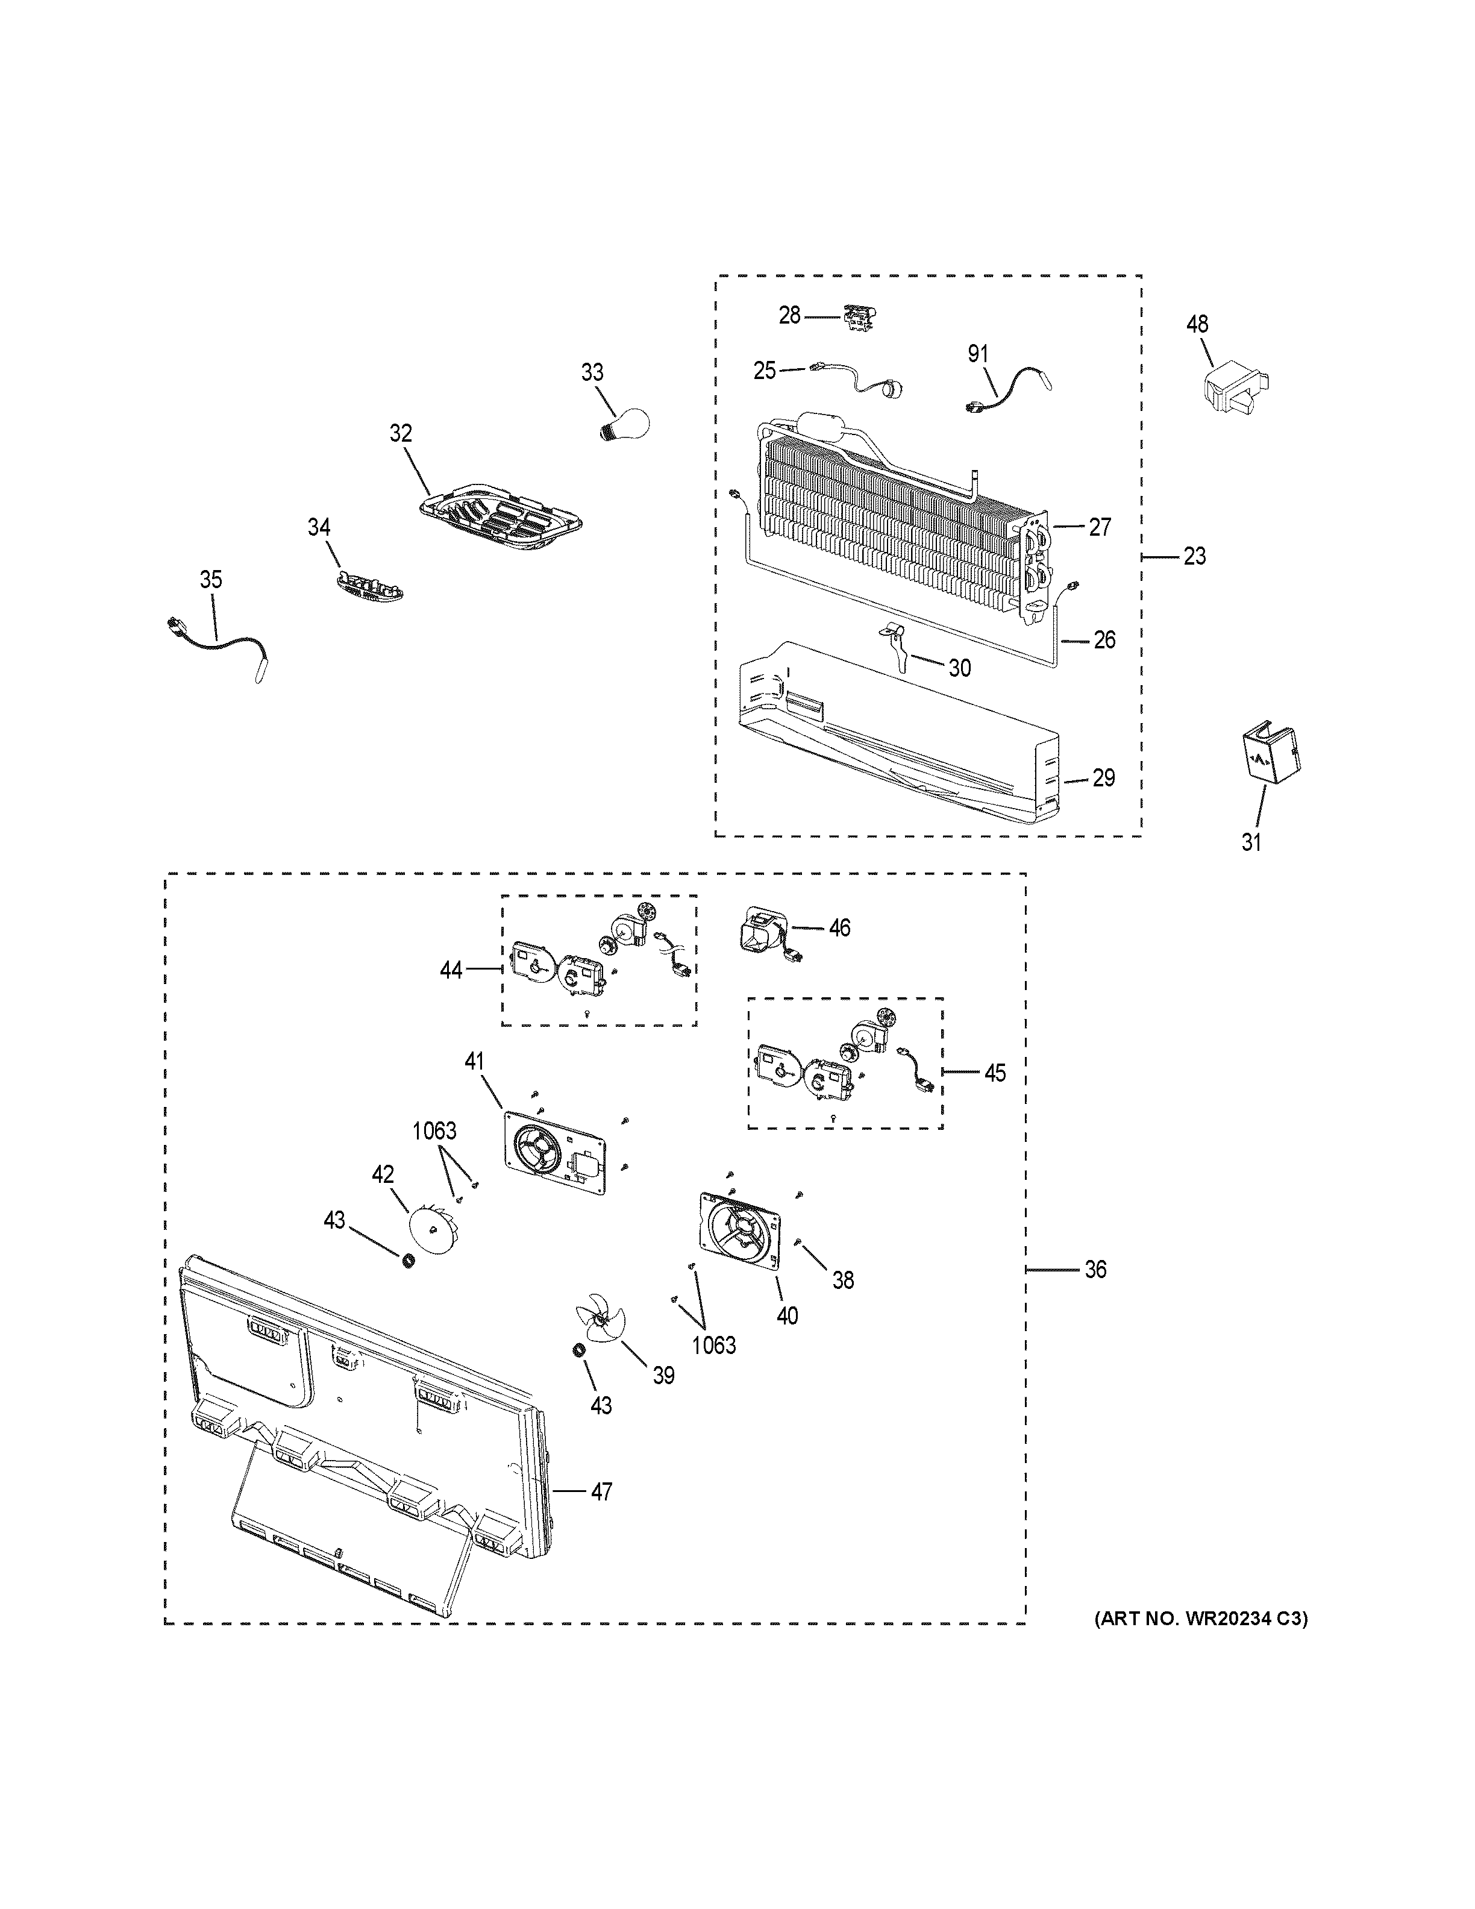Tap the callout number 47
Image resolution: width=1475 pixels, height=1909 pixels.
(x=601, y=1491)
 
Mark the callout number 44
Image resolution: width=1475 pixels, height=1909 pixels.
(x=451, y=970)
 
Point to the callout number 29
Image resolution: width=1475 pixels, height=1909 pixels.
(x=1104, y=778)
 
